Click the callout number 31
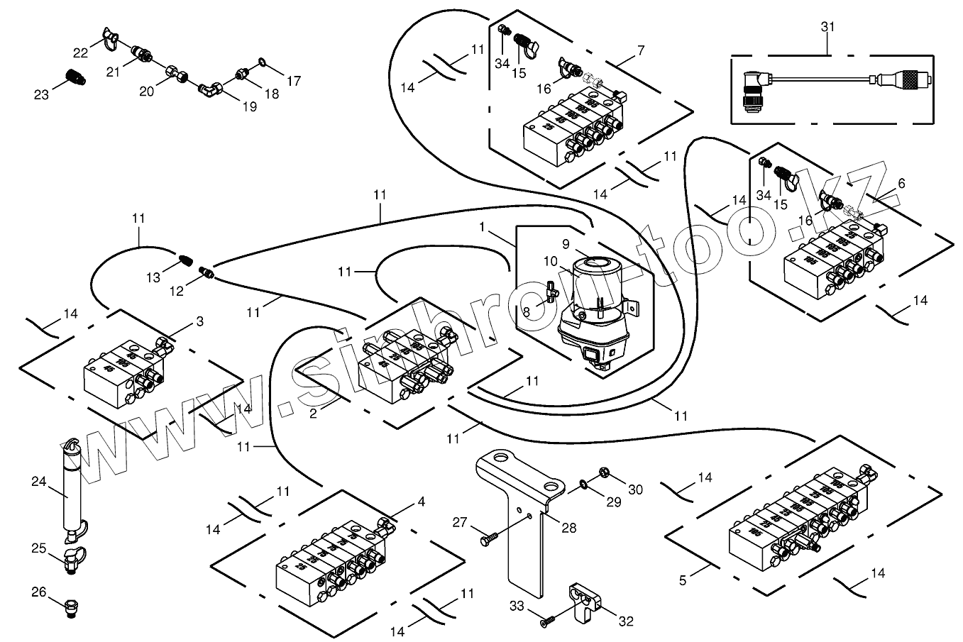pyautogui.click(x=827, y=26)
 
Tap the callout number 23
pyautogui.click(x=41, y=94)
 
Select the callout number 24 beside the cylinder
pyautogui.click(x=38, y=482)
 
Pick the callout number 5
pyautogui.click(x=683, y=580)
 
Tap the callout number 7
pyautogui.click(x=641, y=50)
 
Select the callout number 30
pyautogui.click(x=635, y=489)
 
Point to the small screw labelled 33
pyautogui.click(x=546, y=621)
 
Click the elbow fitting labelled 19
pyautogui.click(x=213, y=89)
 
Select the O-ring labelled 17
pyautogui.click(x=262, y=62)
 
